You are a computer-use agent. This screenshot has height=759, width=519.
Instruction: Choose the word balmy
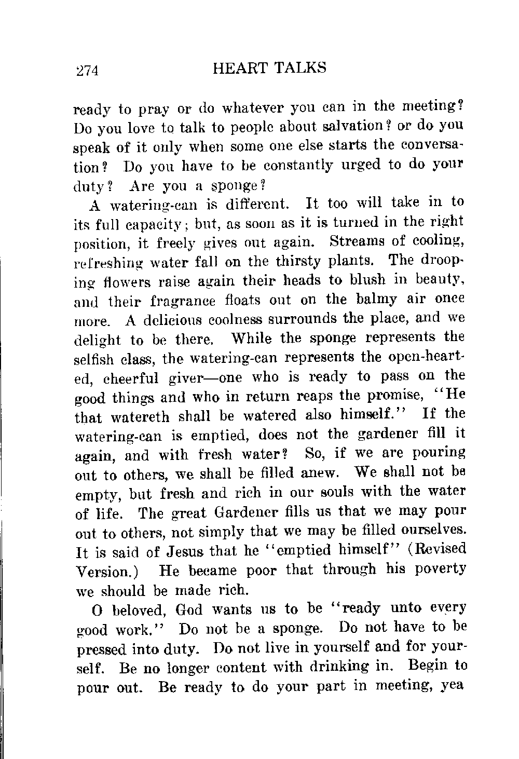click(x=380, y=300)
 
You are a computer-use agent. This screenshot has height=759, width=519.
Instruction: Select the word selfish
click(x=96, y=359)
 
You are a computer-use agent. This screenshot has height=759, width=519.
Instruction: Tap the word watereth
click(x=133, y=416)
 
